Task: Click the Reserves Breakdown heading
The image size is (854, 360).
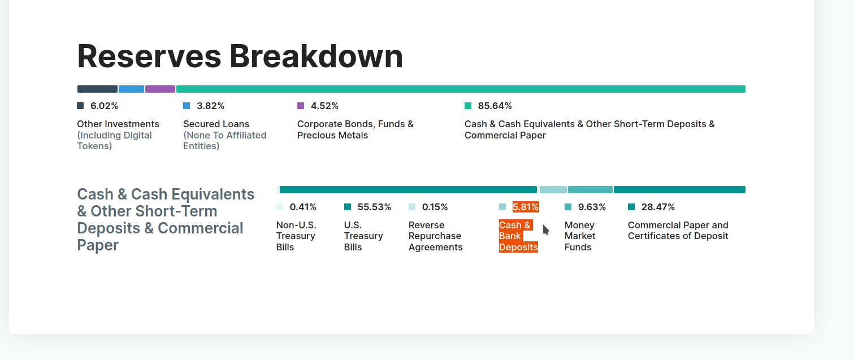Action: point(240,57)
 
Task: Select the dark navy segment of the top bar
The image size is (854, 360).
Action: point(97,89)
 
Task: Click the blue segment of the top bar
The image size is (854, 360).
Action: point(131,89)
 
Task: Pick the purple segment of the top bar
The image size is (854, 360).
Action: point(160,89)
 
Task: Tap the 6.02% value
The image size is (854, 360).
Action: point(104,106)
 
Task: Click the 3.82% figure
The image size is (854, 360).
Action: point(210,106)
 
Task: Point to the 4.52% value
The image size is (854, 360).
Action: point(324,106)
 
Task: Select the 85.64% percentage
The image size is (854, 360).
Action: point(495,106)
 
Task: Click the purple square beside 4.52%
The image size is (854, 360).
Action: point(301,106)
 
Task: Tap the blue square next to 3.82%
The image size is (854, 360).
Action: point(187,106)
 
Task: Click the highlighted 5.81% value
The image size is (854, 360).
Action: point(526,207)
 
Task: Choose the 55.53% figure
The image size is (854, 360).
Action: point(374,207)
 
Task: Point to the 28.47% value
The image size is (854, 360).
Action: point(658,207)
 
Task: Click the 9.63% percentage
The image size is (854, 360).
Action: point(592,207)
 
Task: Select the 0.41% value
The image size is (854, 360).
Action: point(303,207)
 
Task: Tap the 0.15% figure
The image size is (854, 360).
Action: point(435,207)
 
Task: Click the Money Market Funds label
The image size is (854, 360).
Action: point(580,236)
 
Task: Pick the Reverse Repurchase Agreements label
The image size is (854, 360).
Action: point(435,236)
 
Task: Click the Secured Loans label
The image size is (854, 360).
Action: point(216,124)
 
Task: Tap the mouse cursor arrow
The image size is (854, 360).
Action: point(545,229)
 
